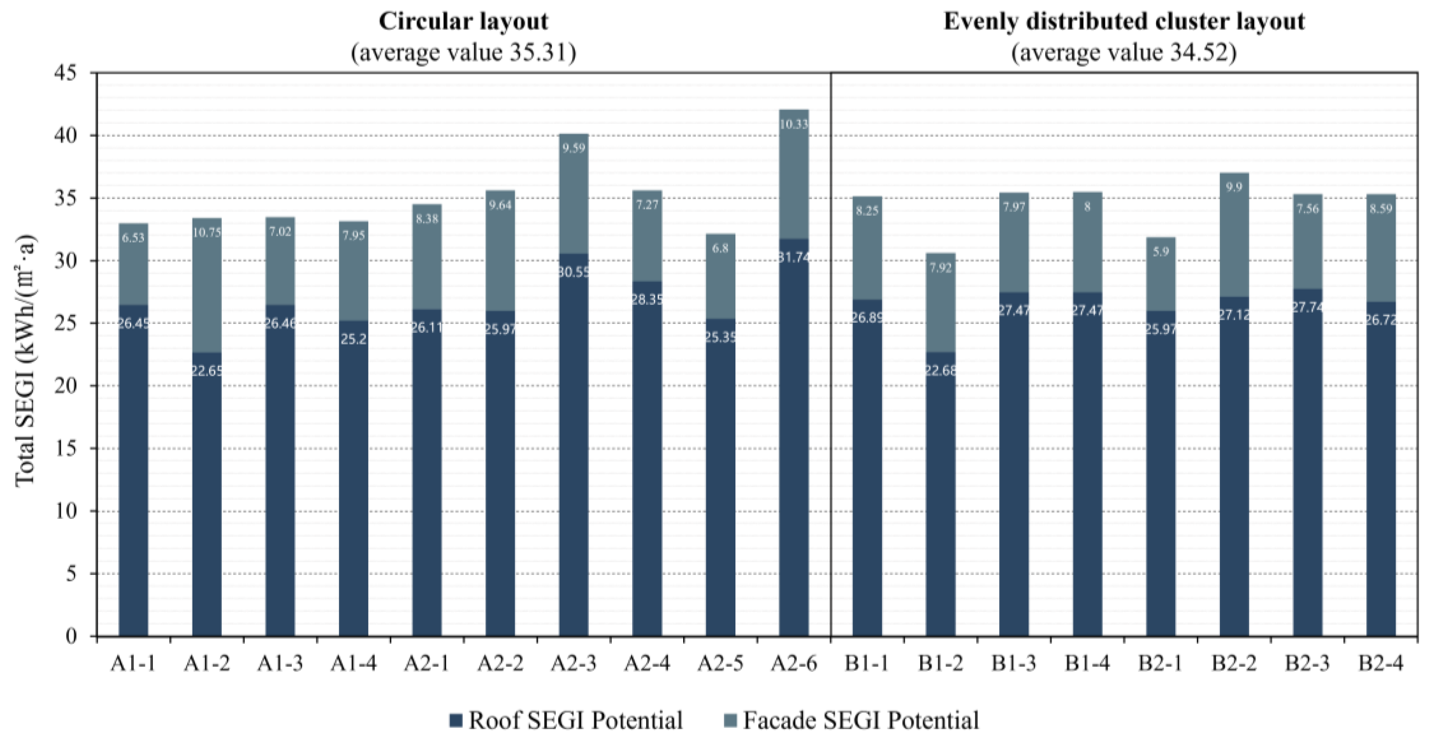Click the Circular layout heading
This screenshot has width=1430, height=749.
click(464, 22)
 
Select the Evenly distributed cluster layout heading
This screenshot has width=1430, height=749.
click(1124, 22)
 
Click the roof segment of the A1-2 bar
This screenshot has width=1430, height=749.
click(206, 500)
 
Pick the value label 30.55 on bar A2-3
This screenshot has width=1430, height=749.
click(574, 272)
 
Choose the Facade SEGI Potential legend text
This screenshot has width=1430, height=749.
click(861, 721)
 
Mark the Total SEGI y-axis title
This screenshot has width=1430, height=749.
click(25, 361)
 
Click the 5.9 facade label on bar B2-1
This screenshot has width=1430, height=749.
click(1161, 251)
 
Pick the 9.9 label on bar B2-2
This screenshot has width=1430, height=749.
click(1234, 187)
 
